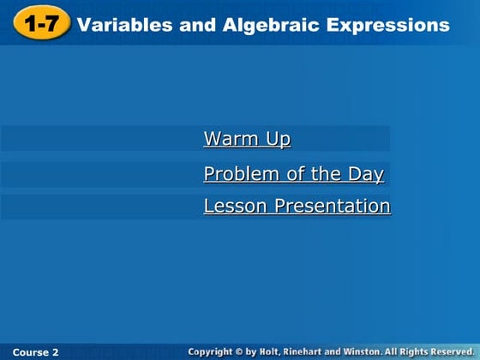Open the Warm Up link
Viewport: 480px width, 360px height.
[247, 139]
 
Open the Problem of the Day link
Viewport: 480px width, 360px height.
[293, 175]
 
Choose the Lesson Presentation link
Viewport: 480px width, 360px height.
[297, 207]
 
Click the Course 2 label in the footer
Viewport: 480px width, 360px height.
[36, 352]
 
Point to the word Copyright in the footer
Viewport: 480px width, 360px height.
[214, 352]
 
